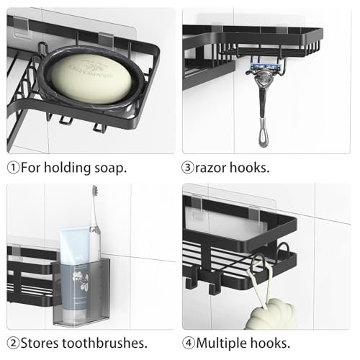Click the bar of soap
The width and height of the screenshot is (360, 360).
[91, 78]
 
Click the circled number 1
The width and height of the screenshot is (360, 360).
[13, 168]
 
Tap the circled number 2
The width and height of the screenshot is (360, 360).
[13, 343]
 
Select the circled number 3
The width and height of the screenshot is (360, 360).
[187, 168]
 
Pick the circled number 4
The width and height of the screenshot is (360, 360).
[189, 343]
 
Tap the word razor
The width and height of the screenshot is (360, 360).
[210, 168]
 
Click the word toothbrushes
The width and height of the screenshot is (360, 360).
[104, 343]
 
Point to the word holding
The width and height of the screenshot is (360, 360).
[67, 168]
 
